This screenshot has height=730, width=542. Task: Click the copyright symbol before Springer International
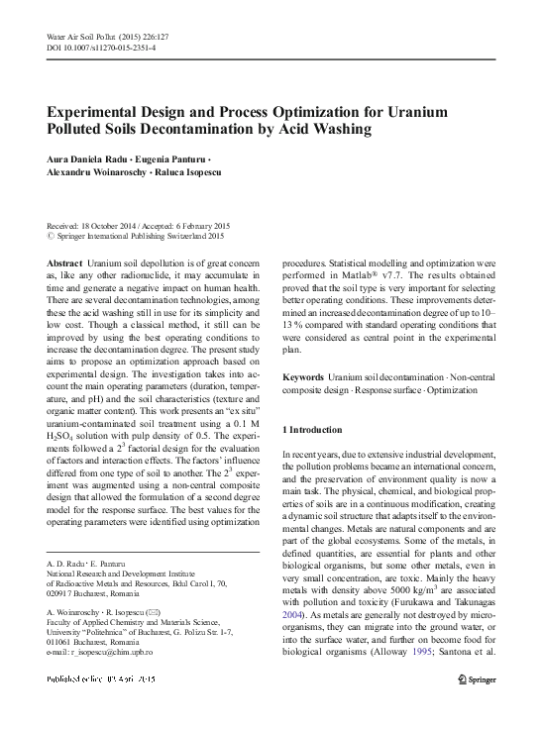[52, 236]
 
